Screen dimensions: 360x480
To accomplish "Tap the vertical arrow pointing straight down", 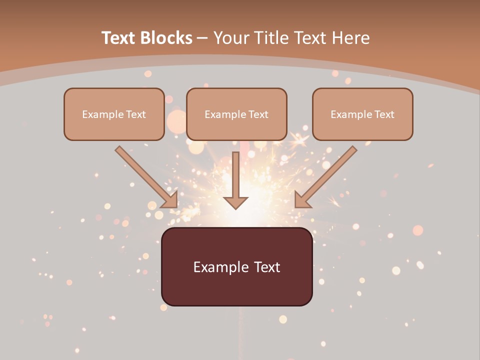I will click(x=235, y=177).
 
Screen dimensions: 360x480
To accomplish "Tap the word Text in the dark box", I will click(x=266, y=267).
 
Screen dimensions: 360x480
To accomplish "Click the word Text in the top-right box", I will click(x=384, y=114).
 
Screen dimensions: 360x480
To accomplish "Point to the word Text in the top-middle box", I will click(x=258, y=114).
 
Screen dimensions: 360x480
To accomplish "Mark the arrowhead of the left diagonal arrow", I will click(x=170, y=200).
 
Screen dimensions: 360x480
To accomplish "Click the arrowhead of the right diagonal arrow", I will click(x=302, y=200).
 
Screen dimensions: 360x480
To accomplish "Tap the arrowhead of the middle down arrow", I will click(x=235, y=202).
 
